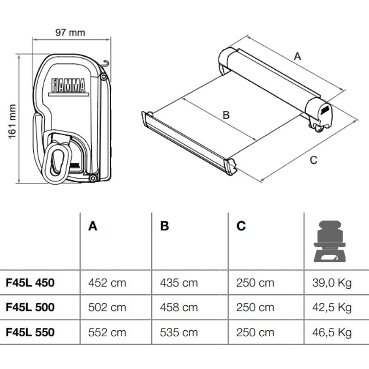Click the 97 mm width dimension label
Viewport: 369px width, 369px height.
coord(70,32)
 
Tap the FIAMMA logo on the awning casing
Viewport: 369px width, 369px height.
coord(68,86)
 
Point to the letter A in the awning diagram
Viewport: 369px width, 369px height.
coord(298,56)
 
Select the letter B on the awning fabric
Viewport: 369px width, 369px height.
coord(226,115)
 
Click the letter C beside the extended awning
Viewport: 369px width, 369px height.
coord(313,160)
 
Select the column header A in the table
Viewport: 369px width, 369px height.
coord(93,226)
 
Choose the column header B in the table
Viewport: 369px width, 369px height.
coord(165,226)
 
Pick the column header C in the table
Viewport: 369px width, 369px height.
coord(241,226)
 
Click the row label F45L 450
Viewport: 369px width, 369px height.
coord(30,282)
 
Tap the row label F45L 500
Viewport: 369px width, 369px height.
coord(30,307)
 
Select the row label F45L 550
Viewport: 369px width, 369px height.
coord(30,332)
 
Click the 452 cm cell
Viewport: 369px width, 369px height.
coord(107,282)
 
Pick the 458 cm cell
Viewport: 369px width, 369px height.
coord(179,307)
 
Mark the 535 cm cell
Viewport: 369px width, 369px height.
coord(179,332)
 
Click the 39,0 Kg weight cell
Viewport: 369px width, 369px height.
coord(332,282)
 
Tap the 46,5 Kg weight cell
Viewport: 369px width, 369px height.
coord(332,332)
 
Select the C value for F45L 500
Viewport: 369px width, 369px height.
coord(255,307)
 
